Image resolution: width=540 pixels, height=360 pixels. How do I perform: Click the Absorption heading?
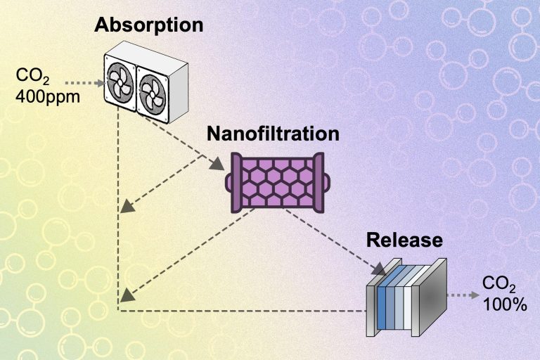pos(149,26)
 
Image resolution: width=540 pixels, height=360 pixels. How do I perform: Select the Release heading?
pos(404,240)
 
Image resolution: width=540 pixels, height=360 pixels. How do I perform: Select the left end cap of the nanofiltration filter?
pos(233,181)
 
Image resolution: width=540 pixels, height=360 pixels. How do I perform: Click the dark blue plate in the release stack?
pos(382,309)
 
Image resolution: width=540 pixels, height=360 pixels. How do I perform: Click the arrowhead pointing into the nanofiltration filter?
pos(219,165)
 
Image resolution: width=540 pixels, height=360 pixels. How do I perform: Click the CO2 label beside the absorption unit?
pos(35,73)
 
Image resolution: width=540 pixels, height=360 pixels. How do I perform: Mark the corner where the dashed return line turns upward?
pos(118,309)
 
